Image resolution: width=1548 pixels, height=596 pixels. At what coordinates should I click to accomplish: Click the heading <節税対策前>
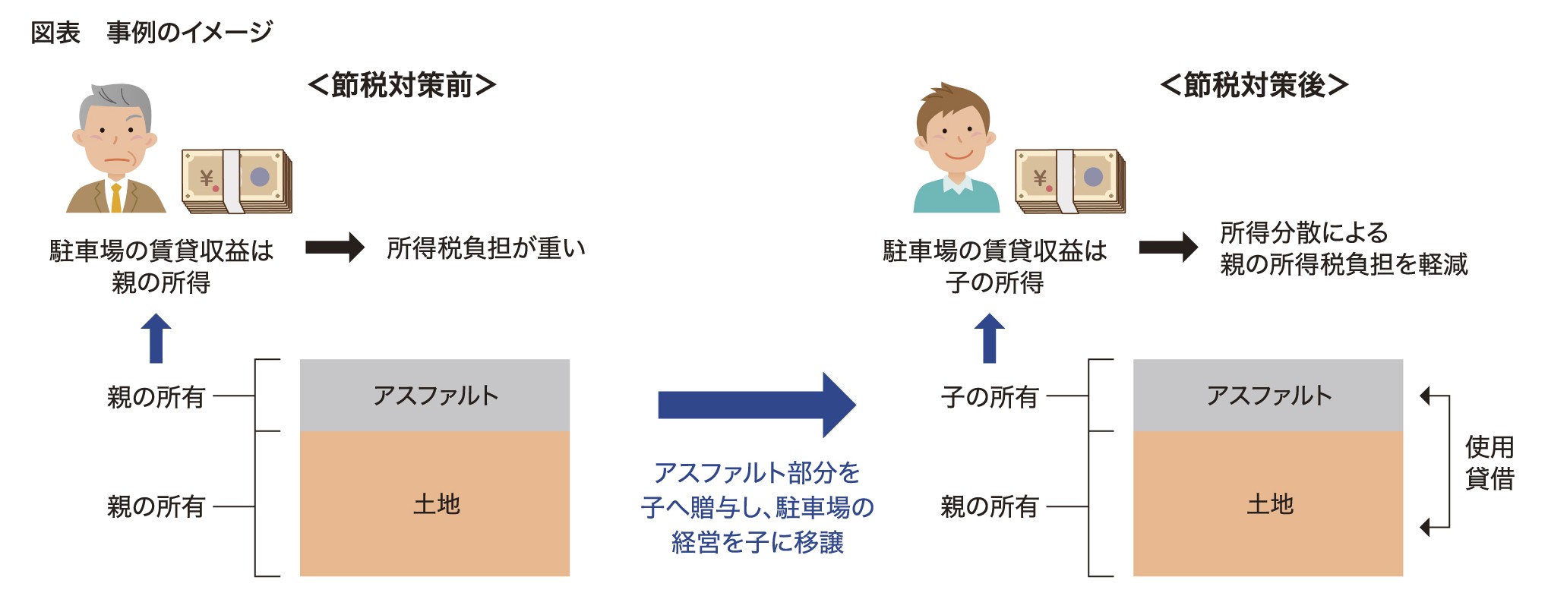point(402,85)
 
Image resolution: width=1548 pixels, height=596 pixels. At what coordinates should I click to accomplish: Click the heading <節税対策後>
point(1254,85)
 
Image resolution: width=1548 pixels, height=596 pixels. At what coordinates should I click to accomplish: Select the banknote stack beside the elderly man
point(237,181)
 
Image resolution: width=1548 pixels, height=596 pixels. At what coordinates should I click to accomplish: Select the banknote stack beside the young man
point(1070,181)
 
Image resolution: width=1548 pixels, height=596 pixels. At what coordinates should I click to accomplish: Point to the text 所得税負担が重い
point(486,248)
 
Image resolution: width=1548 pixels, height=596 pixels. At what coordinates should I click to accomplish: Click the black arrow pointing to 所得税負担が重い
point(334,248)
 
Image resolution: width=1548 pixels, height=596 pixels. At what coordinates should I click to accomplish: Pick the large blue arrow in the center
point(757,405)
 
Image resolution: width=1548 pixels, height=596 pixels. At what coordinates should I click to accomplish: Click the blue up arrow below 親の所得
point(156,339)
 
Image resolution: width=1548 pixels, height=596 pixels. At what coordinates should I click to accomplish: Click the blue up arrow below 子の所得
point(989,339)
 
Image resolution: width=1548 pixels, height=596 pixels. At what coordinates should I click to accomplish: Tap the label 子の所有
point(989,397)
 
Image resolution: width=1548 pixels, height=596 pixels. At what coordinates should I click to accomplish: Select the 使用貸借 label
point(1489,463)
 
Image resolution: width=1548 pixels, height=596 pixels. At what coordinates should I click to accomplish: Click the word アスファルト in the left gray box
point(435,396)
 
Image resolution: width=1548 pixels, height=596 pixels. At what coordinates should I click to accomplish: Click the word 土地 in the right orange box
point(1269,504)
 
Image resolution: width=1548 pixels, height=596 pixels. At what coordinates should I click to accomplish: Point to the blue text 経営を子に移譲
point(757,542)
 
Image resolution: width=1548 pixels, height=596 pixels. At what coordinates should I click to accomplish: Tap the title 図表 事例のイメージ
point(151,32)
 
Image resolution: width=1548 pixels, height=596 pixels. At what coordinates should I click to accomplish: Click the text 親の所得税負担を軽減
point(1344,264)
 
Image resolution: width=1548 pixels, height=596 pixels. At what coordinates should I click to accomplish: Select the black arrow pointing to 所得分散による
point(1168,248)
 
